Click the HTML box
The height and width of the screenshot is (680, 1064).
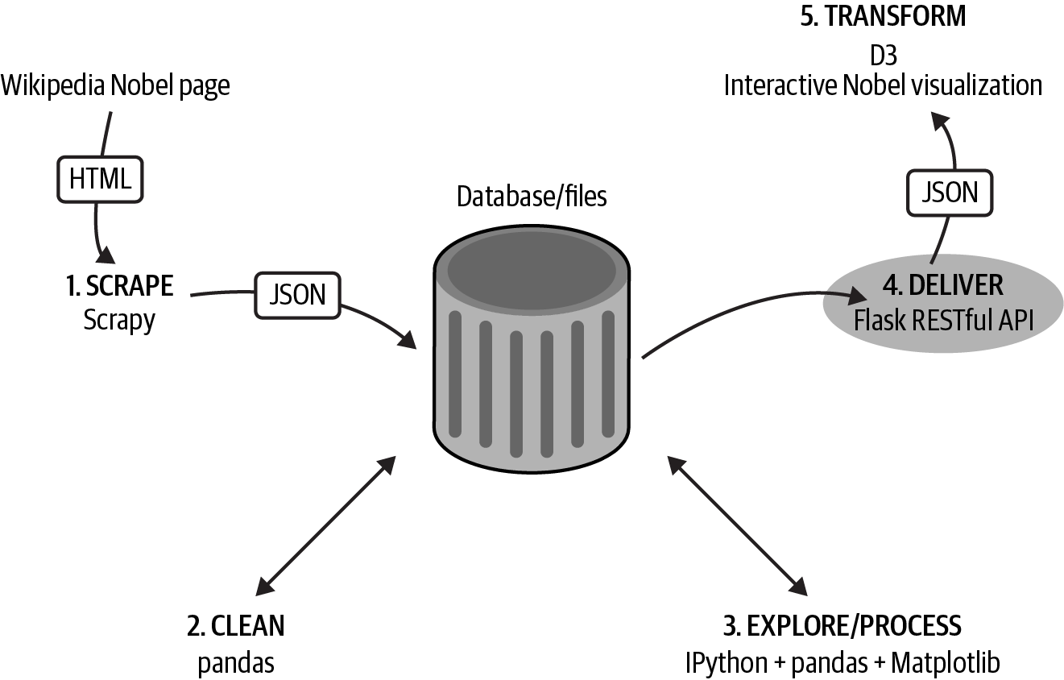pos(100,178)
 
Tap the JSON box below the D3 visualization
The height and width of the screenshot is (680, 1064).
pos(950,192)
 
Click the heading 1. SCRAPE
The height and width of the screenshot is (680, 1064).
pos(119,285)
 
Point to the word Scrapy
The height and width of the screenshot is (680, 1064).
pos(119,320)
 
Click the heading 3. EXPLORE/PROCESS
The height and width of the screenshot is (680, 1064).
pos(843,625)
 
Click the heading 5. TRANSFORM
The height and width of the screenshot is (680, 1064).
pos(883,17)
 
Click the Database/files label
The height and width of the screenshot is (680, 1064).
pos(532,196)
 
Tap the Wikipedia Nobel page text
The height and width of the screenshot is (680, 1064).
pos(115,85)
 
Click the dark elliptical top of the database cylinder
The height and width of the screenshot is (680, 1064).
pos(532,267)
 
